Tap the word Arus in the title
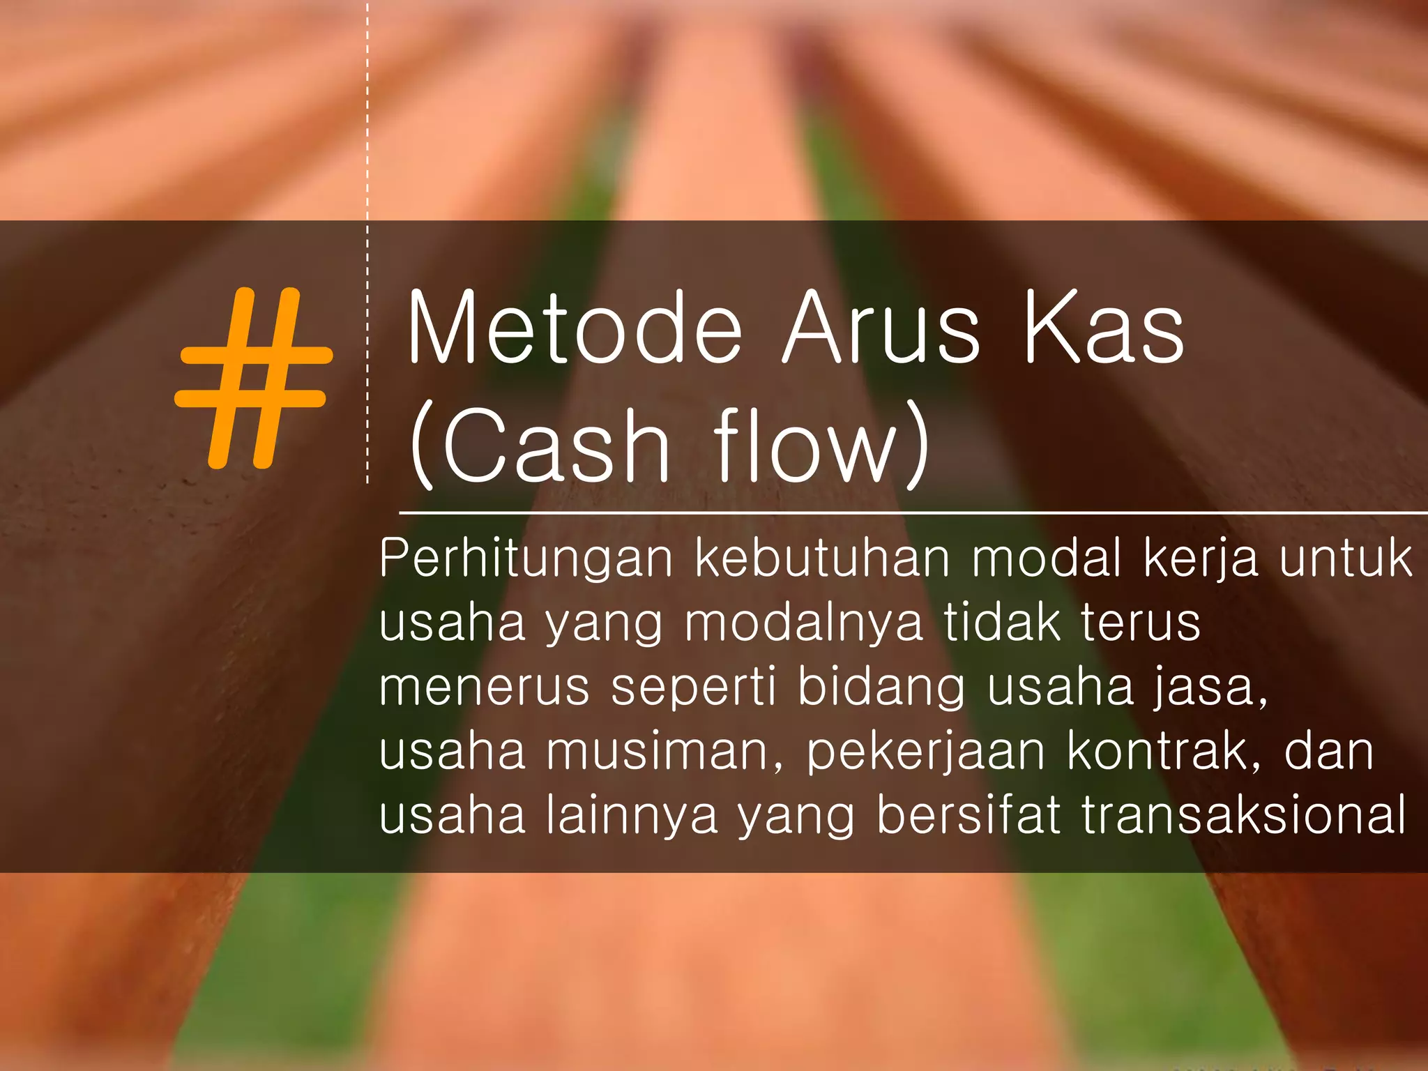pyautogui.click(x=882, y=328)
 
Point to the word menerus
pyautogui.click(x=485, y=688)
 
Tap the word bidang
pyautogui.click(x=881, y=688)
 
